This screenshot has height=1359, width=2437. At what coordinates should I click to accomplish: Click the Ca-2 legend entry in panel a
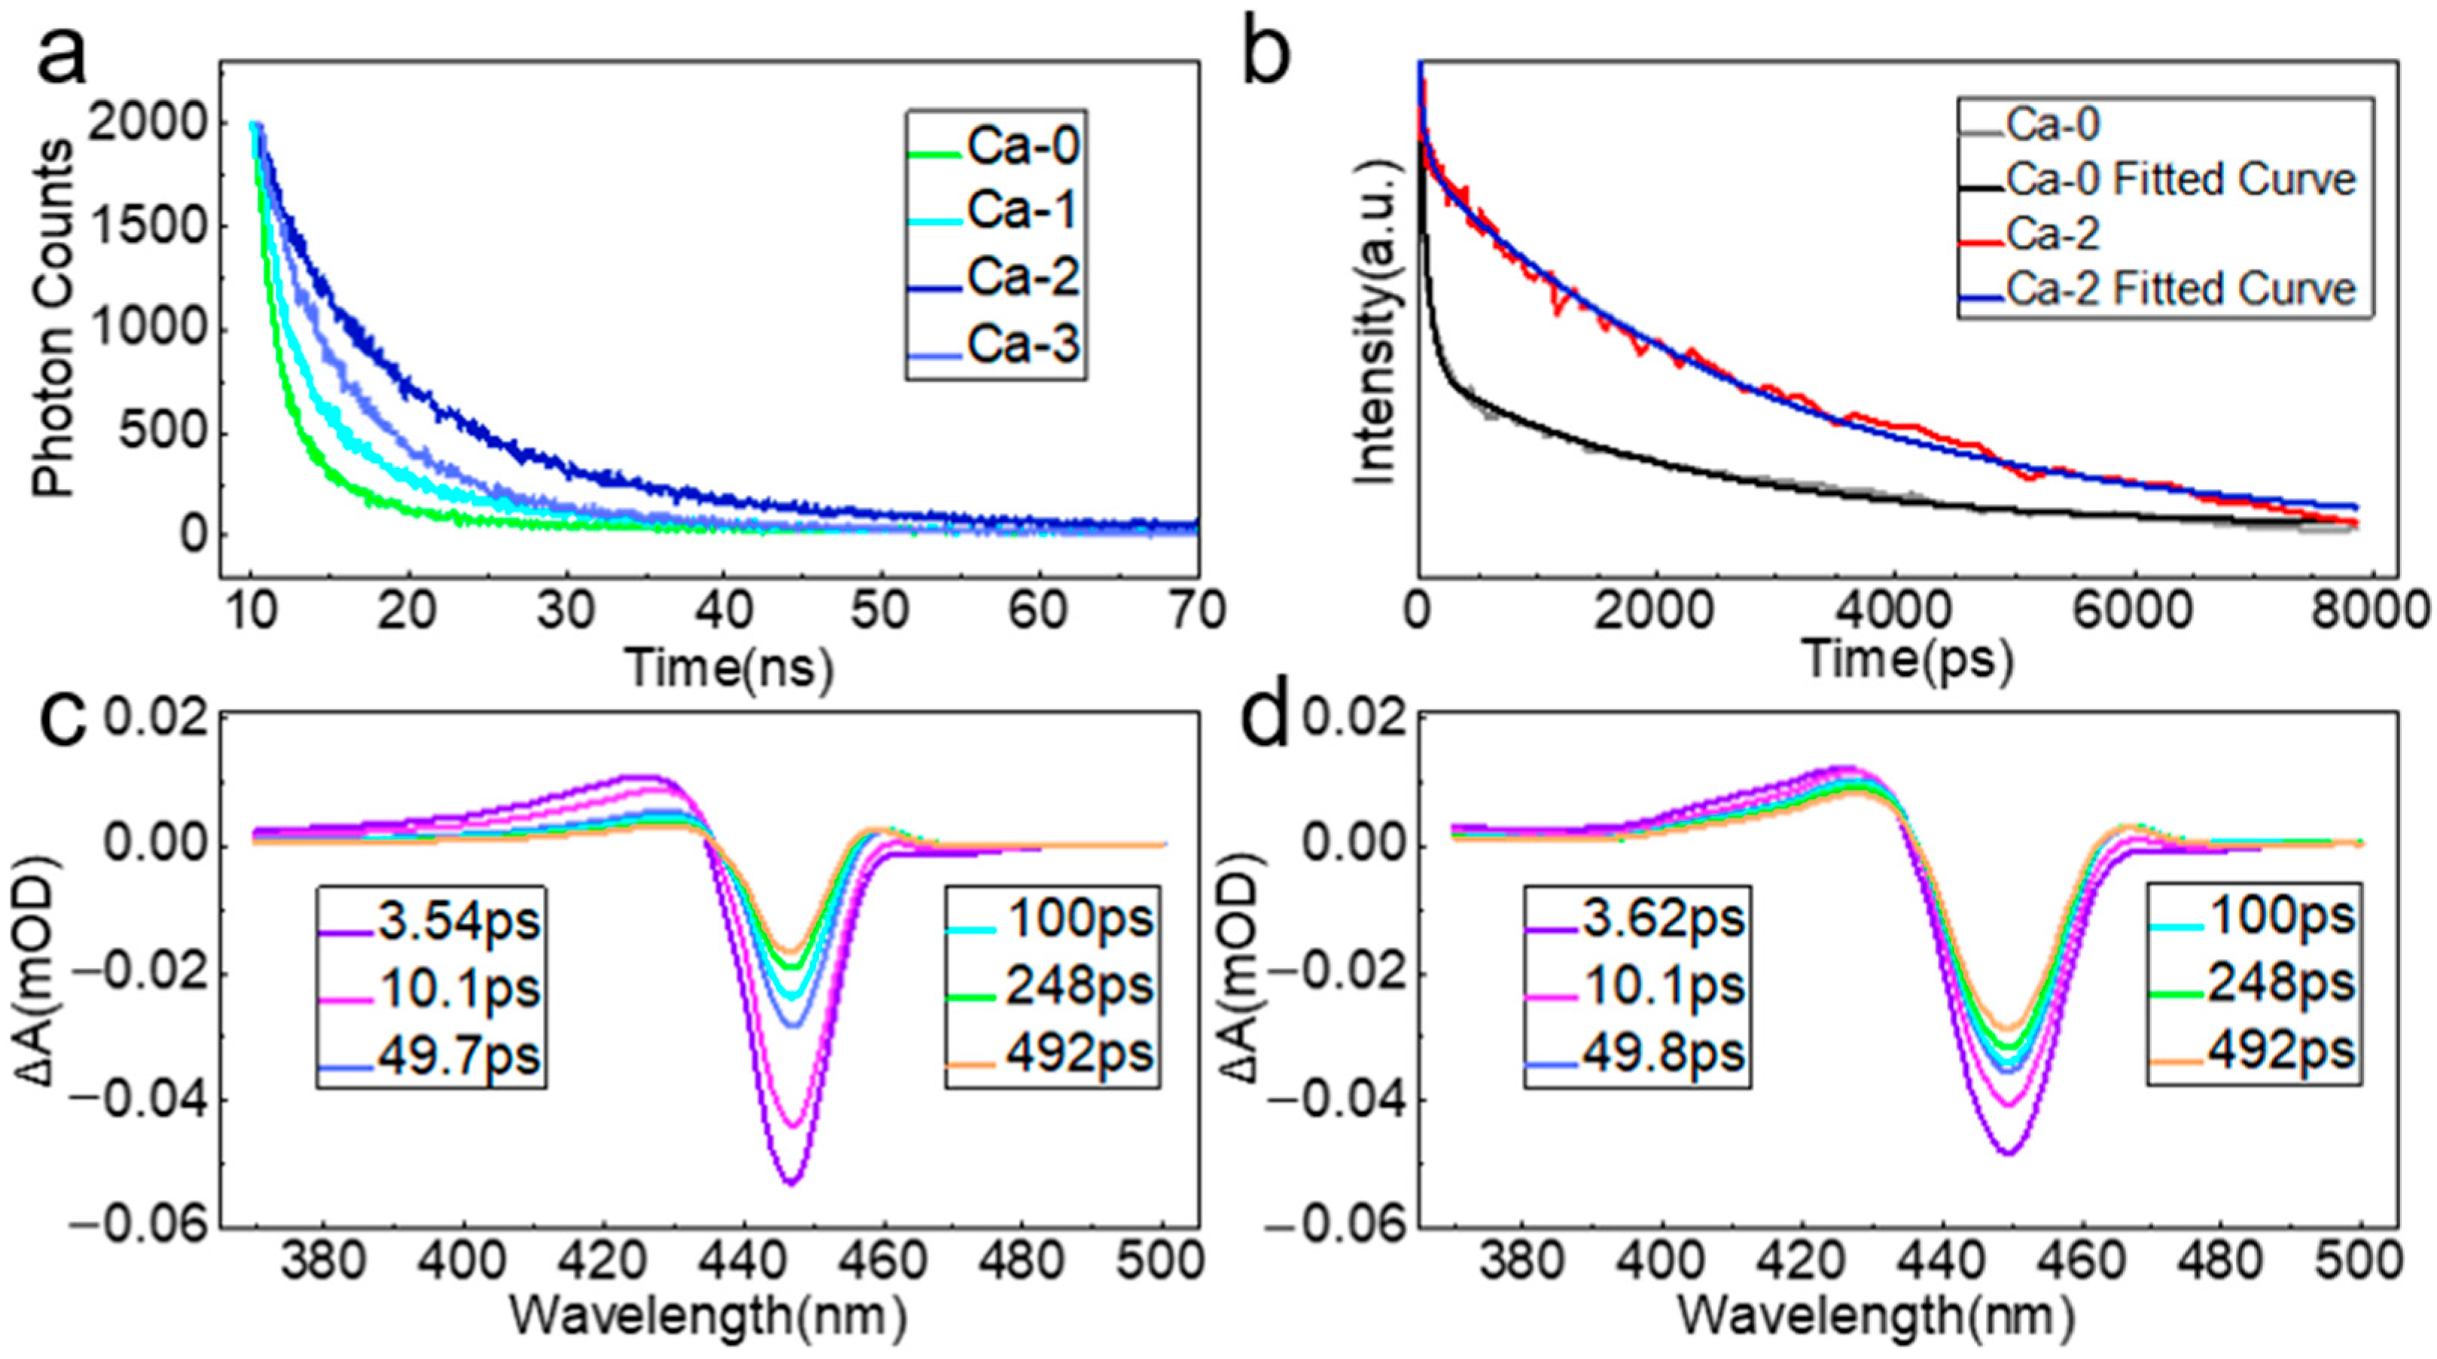1022,277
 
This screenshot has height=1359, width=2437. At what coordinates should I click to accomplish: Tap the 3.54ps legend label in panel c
458,921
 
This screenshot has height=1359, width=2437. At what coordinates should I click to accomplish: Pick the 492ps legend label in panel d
2280,1052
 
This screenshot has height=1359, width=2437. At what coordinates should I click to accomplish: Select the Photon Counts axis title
54,319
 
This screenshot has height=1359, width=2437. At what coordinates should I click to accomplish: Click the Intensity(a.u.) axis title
1374,322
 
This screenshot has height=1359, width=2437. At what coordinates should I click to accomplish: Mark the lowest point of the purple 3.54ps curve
793,1182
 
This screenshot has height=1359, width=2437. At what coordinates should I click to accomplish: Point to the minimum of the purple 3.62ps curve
2006,1152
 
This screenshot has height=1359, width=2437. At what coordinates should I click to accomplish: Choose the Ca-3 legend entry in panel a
1022,347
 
